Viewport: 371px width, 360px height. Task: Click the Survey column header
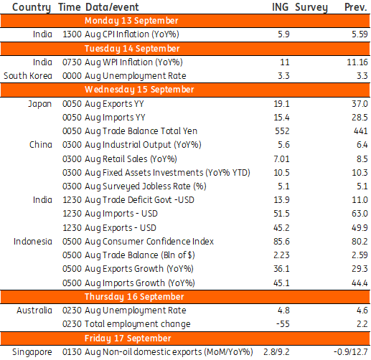[x=311, y=7]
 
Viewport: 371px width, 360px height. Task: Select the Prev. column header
[x=355, y=7]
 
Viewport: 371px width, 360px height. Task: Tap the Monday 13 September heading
[x=131, y=21]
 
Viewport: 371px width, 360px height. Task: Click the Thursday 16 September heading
[x=134, y=297]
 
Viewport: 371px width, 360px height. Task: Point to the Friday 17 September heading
[x=128, y=338]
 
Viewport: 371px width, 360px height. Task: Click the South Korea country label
[x=28, y=76]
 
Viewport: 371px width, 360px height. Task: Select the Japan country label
[x=40, y=104]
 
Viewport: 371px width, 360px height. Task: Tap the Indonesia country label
[x=33, y=242]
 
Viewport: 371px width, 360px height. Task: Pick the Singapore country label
[x=32, y=352]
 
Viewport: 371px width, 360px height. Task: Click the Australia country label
[x=34, y=311]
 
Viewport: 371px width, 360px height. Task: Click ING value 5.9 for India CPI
[x=283, y=34]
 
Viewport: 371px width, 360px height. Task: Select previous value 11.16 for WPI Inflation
[x=357, y=62]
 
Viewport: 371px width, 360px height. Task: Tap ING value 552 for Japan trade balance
[x=282, y=131]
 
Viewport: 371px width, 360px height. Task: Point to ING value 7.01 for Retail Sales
[x=281, y=159]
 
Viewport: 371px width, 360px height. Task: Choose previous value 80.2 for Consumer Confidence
[x=360, y=242]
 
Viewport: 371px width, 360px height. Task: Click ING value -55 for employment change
[x=283, y=324]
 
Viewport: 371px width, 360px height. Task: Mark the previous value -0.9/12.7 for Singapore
[x=351, y=352]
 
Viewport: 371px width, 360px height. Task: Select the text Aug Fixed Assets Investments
[x=144, y=173]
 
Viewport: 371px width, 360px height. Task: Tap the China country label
[x=41, y=145]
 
